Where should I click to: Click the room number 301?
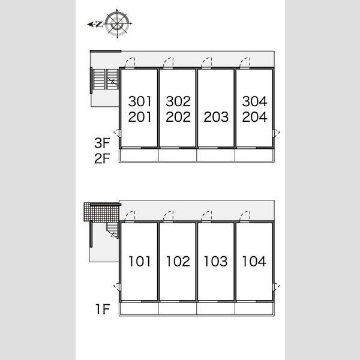click(x=140, y=101)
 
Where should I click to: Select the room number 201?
click(x=140, y=117)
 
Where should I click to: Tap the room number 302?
click(x=178, y=101)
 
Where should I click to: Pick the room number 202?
click(x=178, y=117)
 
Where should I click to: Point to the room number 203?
click(x=216, y=117)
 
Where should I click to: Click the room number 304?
click(x=254, y=101)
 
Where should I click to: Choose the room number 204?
click(x=254, y=117)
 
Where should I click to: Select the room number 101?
click(x=140, y=261)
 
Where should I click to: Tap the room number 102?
click(x=178, y=261)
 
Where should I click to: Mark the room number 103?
click(x=215, y=261)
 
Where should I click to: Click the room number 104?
click(x=254, y=261)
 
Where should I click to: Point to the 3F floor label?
click(x=102, y=143)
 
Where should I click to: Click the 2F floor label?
click(x=102, y=158)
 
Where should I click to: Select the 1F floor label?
click(x=103, y=309)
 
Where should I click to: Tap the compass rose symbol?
click(x=118, y=23)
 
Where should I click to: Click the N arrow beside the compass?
click(x=95, y=24)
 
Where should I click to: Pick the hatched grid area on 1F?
click(x=101, y=212)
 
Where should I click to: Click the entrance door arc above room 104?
click(x=245, y=217)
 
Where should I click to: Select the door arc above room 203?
click(x=206, y=63)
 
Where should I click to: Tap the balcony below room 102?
click(x=178, y=308)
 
